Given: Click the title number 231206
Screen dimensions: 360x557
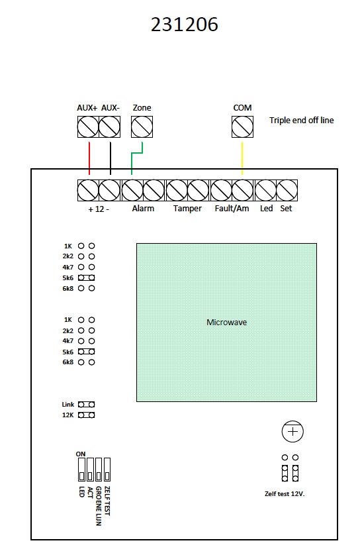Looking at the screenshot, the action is coord(184,25).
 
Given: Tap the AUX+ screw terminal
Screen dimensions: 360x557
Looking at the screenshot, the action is coord(88,127).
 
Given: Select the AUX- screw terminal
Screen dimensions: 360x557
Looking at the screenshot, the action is coord(109,127).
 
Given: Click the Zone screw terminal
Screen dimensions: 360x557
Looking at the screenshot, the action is coord(142,127).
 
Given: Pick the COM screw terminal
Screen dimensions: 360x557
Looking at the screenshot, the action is coord(242,127).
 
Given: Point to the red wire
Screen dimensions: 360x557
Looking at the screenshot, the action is coord(89,158).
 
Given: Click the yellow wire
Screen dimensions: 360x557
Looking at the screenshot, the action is coord(242,158).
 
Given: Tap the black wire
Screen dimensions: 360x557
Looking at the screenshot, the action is coord(111,158).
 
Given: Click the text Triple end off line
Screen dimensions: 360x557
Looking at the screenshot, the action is coord(301,121).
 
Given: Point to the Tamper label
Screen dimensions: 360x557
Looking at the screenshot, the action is coord(187,209).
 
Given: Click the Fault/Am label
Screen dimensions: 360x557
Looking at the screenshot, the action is coord(232,209).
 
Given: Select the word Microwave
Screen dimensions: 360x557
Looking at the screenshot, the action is coord(226,322).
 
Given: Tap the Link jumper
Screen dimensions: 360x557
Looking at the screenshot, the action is coord(86,404).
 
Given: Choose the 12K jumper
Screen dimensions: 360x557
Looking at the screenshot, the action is coord(86,415).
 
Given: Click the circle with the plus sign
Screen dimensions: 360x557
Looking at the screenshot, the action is coord(292,432).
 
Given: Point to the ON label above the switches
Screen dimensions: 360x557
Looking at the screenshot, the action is coord(81,454).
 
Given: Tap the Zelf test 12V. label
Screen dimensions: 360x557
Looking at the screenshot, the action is coord(285,494).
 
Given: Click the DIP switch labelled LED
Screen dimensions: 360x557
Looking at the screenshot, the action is coord(81,470).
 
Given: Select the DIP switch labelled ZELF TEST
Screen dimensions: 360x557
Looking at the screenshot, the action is coord(107,470).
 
